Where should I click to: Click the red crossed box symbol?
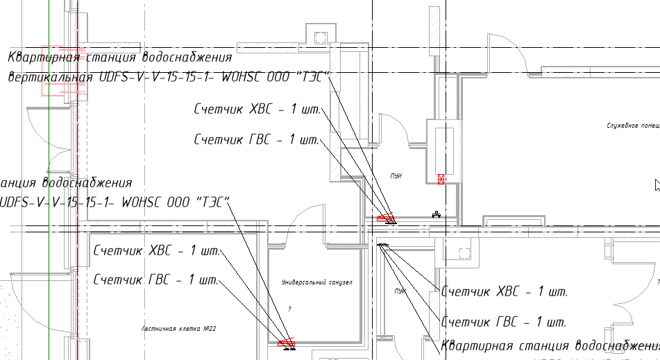coord(441,179)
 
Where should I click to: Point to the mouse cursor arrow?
coord(657,185)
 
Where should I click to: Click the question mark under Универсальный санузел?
coord(290,308)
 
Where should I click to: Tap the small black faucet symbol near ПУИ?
coord(436,214)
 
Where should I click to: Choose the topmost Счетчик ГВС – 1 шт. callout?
coord(255,140)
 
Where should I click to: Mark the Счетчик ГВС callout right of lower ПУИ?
coord(505,323)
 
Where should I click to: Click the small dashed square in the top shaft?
coord(320,37)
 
